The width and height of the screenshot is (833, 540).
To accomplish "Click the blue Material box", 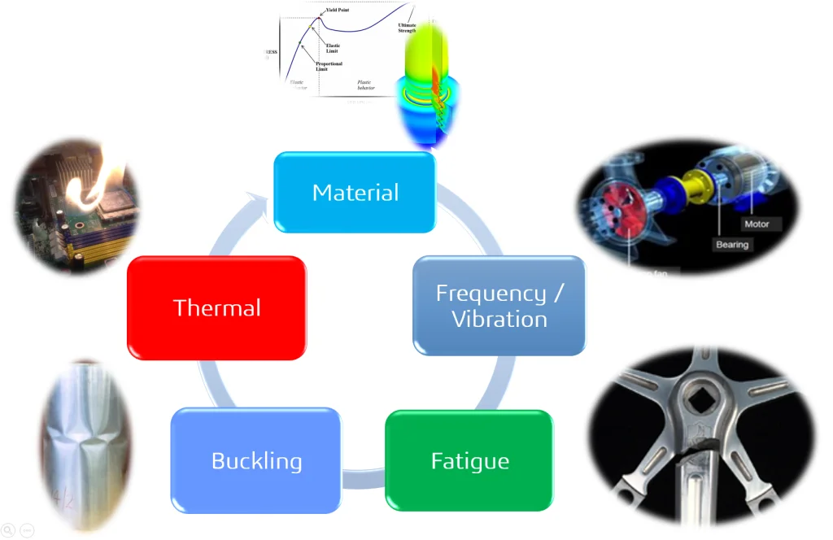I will [x=355, y=193].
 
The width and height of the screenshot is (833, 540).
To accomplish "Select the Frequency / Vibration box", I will [x=499, y=306].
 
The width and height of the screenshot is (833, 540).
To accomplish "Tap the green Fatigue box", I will [x=469, y=461].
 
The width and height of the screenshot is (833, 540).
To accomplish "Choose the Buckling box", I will [x=256, y=461].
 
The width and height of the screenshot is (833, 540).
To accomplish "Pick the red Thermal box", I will [x=216, y=307].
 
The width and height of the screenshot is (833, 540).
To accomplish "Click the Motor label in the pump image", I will [x=756, y=224].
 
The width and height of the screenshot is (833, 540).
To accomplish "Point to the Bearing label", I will [x=731, y=244].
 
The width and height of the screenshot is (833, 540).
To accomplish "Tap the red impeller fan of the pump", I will [x=618, y=213].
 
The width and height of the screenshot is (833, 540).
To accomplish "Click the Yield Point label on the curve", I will [x=338, y=10].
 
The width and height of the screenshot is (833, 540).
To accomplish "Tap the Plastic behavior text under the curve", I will [x=366, y=85].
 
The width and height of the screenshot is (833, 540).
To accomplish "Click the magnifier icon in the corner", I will [x=7, y=529].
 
